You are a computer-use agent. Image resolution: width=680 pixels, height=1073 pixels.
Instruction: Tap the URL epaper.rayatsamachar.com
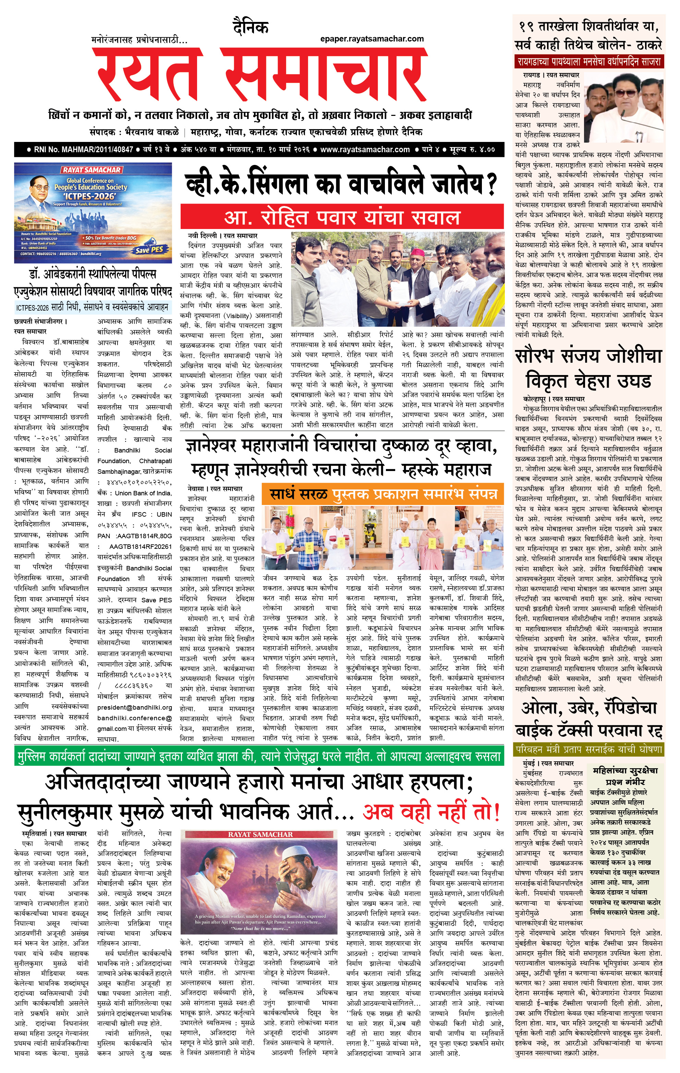coord(372,39)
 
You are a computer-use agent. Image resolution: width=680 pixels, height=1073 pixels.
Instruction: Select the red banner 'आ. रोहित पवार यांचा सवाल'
coord(342,217)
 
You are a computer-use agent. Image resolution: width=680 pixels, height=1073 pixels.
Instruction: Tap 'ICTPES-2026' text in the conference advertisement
coord(89,196)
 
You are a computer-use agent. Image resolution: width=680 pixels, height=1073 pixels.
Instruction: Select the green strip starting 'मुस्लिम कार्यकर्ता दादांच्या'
coord(258,757)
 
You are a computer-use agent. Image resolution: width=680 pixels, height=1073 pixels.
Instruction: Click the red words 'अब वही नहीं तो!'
coord(430,811)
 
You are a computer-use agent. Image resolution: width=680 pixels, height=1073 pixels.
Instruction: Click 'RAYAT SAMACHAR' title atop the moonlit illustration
coord(260,834)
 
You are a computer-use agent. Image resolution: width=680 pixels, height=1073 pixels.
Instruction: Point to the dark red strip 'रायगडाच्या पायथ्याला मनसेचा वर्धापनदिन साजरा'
coord(588,61)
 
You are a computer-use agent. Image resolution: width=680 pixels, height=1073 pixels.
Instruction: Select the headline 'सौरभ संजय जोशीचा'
coord(588,357)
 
